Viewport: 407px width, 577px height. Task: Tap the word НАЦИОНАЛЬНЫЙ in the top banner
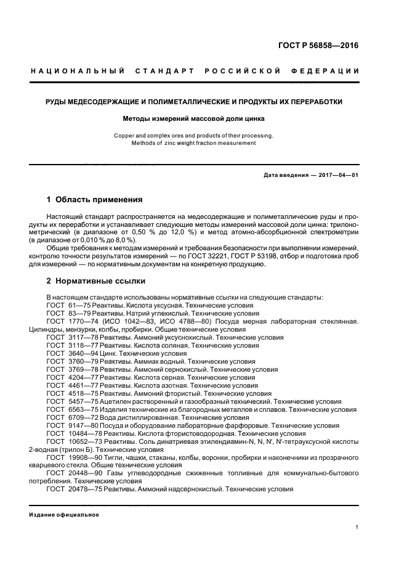[x=78, y=71]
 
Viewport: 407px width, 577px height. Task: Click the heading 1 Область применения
[x=95, y=200]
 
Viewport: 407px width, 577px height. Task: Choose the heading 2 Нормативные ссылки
[x=96, y=281]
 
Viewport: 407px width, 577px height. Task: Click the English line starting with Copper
[x=194, y=135]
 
